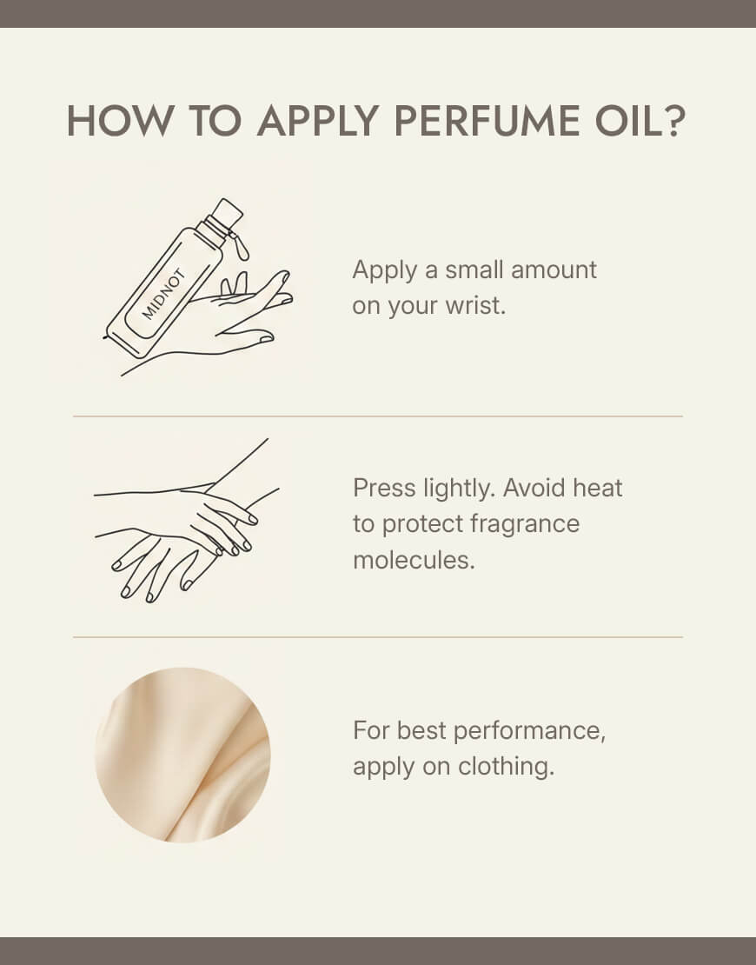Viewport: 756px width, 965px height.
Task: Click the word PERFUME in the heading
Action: [487, 121]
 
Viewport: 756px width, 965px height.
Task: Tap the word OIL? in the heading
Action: [640, 121]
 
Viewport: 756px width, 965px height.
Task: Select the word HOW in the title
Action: [120, 121]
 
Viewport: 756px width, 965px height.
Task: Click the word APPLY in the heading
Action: [317, 121]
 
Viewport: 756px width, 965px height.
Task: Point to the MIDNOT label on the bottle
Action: [163, 295]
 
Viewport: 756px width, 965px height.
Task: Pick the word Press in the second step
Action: [384, 488]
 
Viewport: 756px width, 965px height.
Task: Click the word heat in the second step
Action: [597, 488]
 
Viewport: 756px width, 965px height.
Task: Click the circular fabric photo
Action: [182, 755]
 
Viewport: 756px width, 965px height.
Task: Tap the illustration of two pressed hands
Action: [186, 521]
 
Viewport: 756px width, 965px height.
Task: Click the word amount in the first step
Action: [554, 270]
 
